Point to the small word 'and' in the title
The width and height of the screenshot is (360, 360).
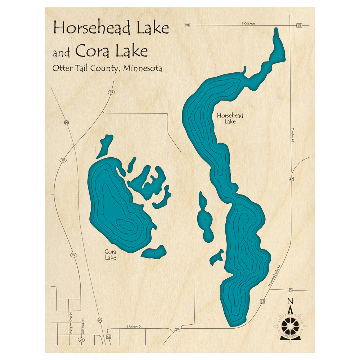[61, 54]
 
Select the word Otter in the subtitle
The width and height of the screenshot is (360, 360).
[63, 68]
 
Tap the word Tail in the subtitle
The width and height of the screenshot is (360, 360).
[81, 68]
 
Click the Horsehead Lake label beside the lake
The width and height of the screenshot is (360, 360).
[230, 118]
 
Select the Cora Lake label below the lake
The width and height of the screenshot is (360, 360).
[111, 255]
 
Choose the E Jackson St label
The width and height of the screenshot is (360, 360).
[134, 327]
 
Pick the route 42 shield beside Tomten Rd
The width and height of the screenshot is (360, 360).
[291, 179]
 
